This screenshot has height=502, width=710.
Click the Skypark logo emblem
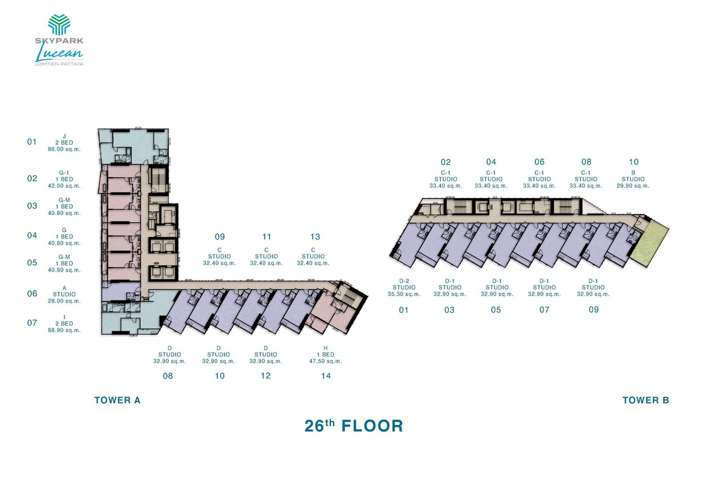[x=59, y=25]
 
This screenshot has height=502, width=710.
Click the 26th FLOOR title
[x=354, y=426]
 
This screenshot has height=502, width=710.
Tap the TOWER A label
[x=117, y=400]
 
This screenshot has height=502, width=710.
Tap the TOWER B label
[x=646, y=400]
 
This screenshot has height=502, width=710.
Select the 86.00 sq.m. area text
[x=64, y=150]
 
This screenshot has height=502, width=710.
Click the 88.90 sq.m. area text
[x=64, y=330]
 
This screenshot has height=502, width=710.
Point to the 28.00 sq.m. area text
[x=64, y=301]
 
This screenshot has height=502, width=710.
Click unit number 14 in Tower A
[x=326, y=376]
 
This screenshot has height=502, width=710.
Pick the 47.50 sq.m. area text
[x=325, y=361]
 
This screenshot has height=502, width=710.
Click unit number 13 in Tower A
[x=315, y=237]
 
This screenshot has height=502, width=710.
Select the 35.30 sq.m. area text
[x=404, y=294]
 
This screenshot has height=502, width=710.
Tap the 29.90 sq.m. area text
[x=633, y=186]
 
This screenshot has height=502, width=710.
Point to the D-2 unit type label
[x=404, y=281]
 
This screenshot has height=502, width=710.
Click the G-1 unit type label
[x=64, y=173]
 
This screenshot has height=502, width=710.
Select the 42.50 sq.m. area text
[x=64, y=186]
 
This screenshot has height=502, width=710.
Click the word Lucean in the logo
[x=59, y=54]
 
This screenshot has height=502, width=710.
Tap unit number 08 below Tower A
[x=168, y=376]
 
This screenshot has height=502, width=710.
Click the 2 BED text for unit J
[x=64, y=143]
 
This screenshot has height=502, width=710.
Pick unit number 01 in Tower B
[x=403, y=310]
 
